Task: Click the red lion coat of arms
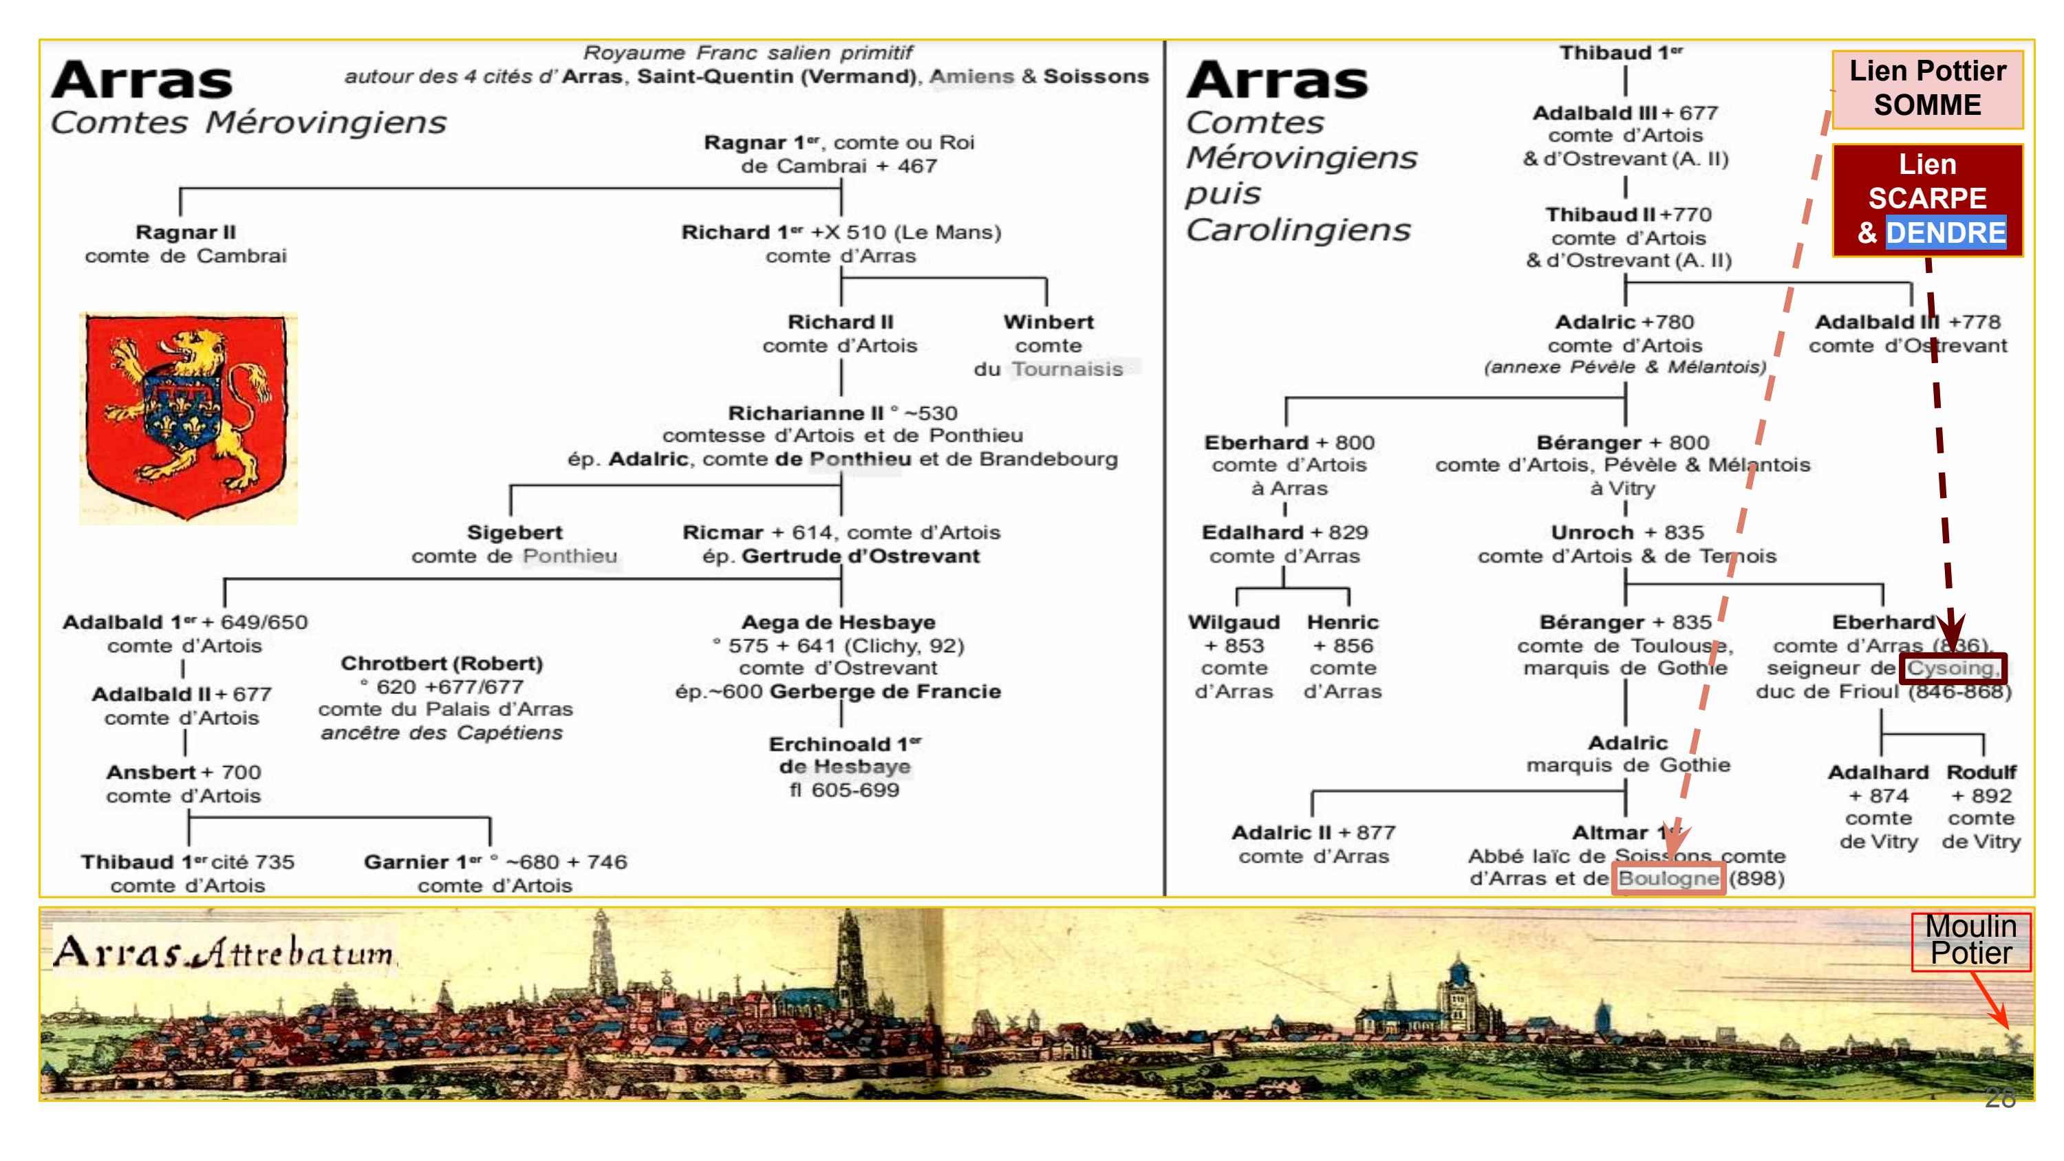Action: coord(188,417)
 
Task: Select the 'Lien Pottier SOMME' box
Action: coord(1927,89)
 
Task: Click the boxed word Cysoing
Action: coord(1952,669)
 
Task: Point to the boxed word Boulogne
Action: coord(1668,879)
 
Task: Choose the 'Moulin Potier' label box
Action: coord(1970,941)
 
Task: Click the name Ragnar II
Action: coord(186,232)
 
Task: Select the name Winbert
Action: coord(1048,322)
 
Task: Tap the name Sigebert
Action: coord(515,533)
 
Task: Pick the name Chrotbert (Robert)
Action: coord(442,664)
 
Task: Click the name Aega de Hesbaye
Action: coord(838,622)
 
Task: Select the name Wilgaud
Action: coord(1233,622)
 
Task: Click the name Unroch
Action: coord(1592,533)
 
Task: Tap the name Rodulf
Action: coord(1981,772)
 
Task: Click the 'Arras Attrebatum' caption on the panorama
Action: coord(224,952)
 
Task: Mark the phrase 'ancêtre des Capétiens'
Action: coord(442,733)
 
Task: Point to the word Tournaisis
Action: coord(1066,369)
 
